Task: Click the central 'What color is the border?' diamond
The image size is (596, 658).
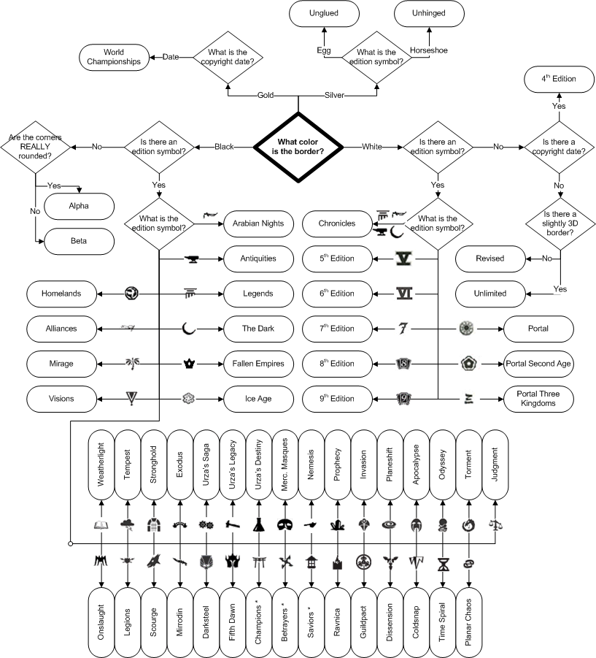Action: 298,147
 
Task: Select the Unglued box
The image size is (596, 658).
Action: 324,13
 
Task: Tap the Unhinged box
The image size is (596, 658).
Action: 429,13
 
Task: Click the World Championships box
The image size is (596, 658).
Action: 114,57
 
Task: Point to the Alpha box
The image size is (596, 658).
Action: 80,206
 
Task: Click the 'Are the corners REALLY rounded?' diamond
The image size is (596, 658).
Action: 36,147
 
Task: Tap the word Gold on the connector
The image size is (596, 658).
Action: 266,95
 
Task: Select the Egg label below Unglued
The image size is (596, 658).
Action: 324,50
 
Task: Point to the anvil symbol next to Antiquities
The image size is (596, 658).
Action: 193,259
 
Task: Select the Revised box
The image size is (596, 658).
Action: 489,259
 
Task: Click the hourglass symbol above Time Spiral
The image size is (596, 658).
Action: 442,565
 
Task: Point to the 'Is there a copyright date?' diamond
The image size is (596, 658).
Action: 558,147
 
